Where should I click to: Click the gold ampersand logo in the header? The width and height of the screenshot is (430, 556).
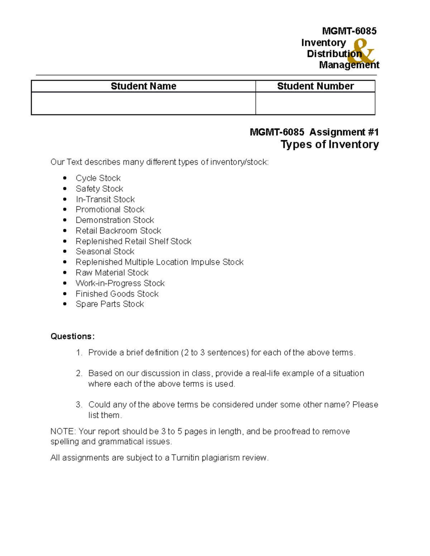pyautogui.click(x=363, y=52)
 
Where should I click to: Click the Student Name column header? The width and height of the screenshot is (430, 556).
pyautogui.click(x=143, y=86)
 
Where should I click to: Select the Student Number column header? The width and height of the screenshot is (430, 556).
pyautogui.click(x=315, y=86)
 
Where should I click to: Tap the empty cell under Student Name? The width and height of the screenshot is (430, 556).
pyautogui.click(x=143, y=103)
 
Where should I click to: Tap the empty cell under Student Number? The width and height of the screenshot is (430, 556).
pyautogui.click(x=315, y=103)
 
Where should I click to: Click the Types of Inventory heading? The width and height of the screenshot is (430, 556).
pyautogui.click(x=329, y=144)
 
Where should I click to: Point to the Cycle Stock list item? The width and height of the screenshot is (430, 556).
pyautogui.click(x=98, y=178)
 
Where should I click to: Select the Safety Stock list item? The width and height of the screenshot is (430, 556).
pyautogui.click(x=99, y=189)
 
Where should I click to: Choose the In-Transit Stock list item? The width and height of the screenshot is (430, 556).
pyautogui.click(x=105, y=199)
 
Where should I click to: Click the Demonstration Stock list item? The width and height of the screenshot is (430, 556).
pyautogui.click(x=115, y=220)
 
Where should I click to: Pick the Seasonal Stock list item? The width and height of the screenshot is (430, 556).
pyautogui.click(x=105, y=252)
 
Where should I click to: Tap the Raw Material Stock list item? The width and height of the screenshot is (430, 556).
pyautogui.click(x=112, y=273)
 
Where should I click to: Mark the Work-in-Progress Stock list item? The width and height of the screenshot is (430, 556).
pyautogui.click(x=120, y=283)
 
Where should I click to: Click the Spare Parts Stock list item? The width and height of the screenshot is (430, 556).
pyautogui.click(x=110, y=304)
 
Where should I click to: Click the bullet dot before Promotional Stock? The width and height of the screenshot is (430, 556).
pyautogui.click(x=65, y=210)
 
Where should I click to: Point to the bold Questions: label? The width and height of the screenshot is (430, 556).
pyautogui.click(x=72, y=337)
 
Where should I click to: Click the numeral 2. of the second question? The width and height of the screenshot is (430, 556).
pyautogui.click(x=79, y=373)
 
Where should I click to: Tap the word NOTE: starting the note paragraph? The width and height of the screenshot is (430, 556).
pyautogui.click(x=63, y=431)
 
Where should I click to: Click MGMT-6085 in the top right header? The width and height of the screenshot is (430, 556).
pyautogui.click(x=349, y=31)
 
